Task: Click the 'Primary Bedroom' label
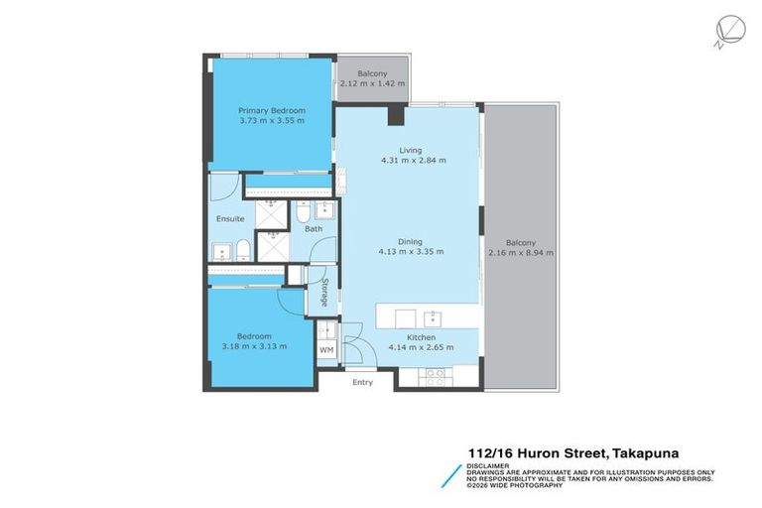271,110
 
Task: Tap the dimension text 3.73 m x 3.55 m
271,121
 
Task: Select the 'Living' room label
397,150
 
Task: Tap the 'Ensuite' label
230,218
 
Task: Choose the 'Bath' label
314,229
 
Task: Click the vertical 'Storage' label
324,294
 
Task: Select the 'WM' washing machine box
326,350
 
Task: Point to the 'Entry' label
362,382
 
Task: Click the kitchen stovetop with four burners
438,374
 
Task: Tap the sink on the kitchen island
433,318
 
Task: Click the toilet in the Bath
303,212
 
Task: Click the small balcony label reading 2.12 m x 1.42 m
372,83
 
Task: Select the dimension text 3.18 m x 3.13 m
254,346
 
